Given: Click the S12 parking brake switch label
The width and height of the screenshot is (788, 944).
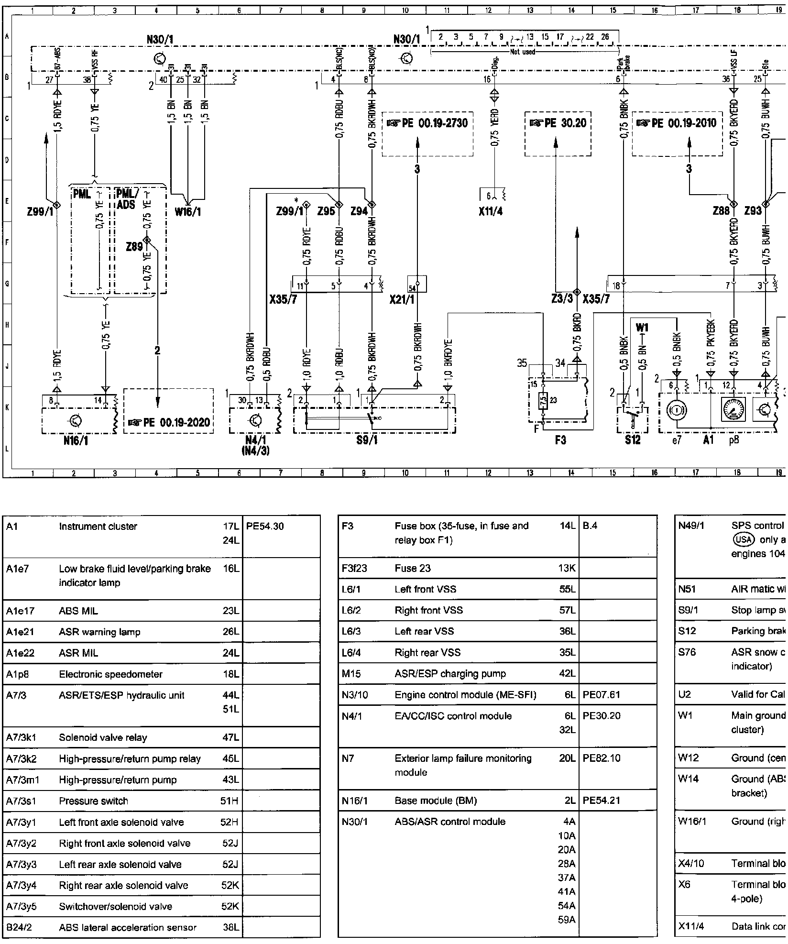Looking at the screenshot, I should coord(633,440).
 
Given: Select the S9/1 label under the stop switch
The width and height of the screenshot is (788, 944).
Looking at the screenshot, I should coord(368,440).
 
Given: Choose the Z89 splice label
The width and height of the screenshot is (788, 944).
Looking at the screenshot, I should coord(134,247).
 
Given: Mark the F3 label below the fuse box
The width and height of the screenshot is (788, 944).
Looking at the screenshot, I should coord(560,440).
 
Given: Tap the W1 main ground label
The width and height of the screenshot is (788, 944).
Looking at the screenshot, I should coord(642,328).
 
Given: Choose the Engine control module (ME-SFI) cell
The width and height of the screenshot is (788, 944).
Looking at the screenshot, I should coord(465,695).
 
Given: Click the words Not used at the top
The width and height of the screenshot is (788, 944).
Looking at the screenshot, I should coord(523,52).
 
